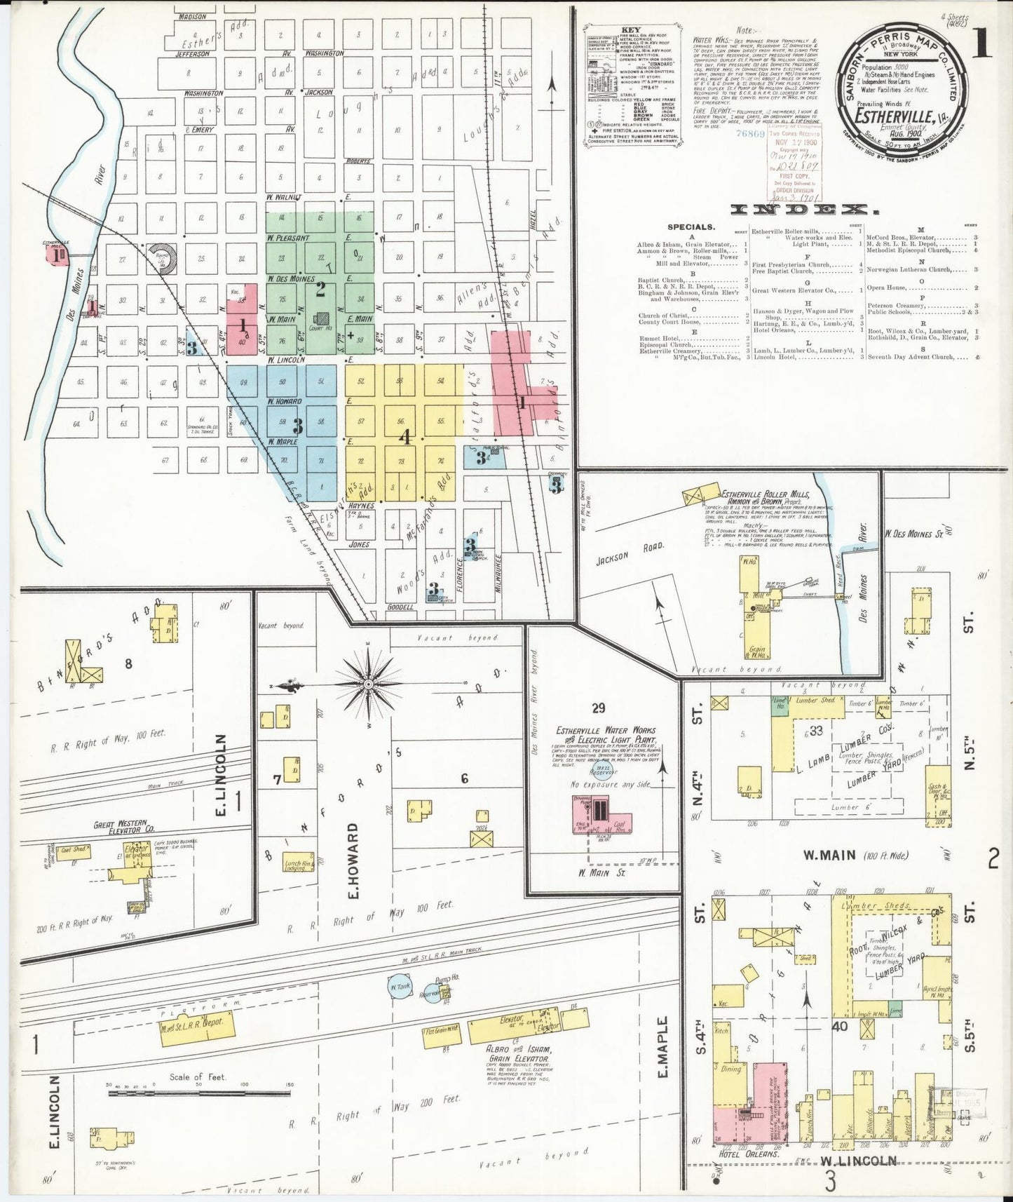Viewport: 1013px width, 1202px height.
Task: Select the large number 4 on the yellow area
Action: point(404,437)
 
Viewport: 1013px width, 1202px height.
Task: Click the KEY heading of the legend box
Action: point(630,31)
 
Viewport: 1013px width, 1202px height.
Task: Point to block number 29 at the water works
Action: point(598,708)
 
